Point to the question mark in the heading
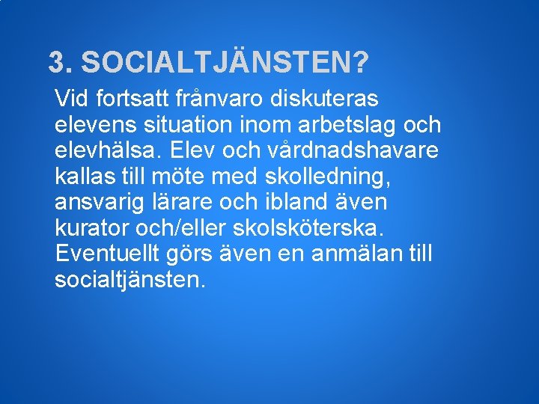(361, 63)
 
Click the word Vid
(71, 98)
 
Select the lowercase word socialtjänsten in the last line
(128, 281)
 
